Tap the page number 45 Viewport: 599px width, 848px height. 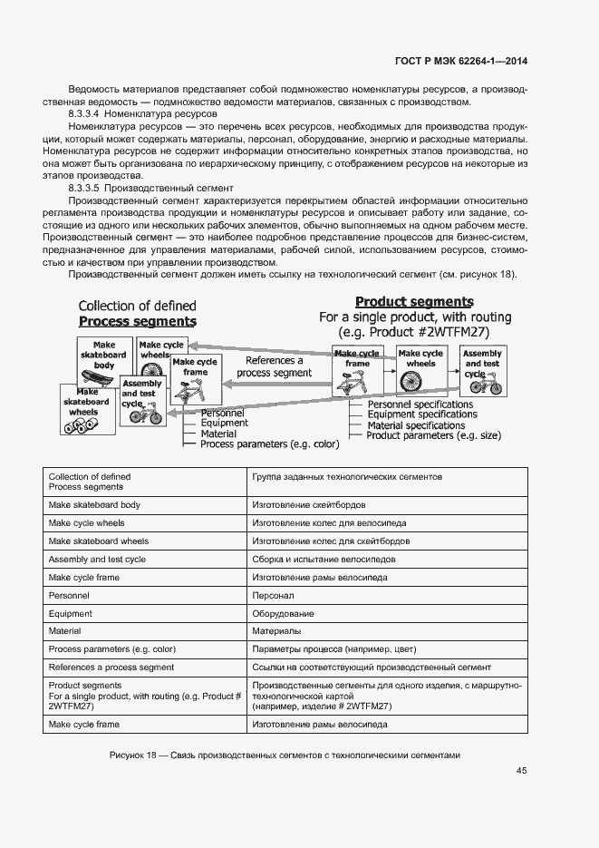pos(521,771)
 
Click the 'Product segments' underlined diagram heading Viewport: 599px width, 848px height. pos(414,302)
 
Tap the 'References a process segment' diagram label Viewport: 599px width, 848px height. pos(274,366)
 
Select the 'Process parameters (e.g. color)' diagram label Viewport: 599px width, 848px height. pos(269,444)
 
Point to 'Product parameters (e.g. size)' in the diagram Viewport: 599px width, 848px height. pos(433,435)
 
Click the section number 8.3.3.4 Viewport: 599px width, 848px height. pos(85,115)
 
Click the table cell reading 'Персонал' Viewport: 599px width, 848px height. pos(273,596)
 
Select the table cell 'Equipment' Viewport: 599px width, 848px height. pos(70,614)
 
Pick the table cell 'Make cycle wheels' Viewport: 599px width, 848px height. pos(86,523)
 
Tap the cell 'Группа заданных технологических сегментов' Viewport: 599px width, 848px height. pos(346,476)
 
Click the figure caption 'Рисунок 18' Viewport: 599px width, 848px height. pos(133,755)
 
